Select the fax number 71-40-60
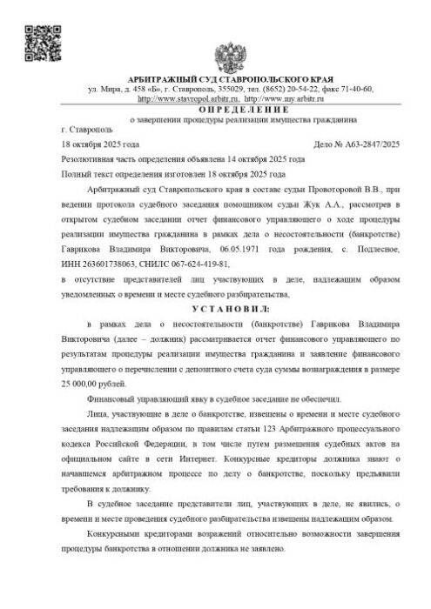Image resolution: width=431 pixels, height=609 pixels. (354, 89)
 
